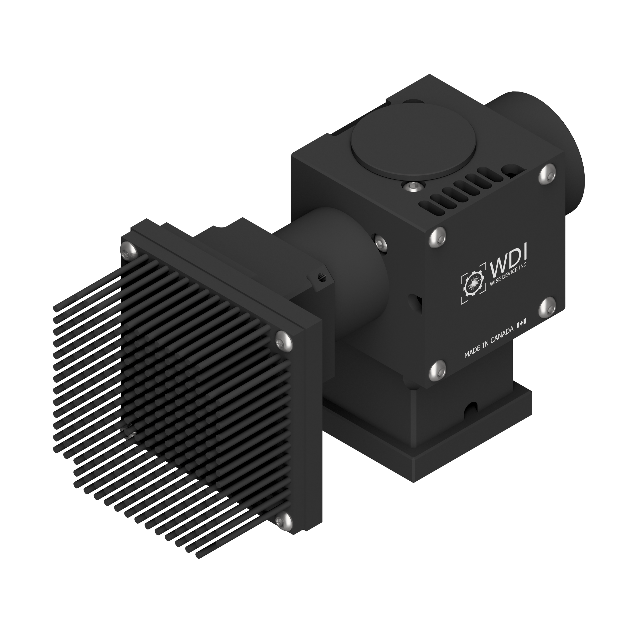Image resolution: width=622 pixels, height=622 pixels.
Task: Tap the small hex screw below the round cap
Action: tap(413, 186)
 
